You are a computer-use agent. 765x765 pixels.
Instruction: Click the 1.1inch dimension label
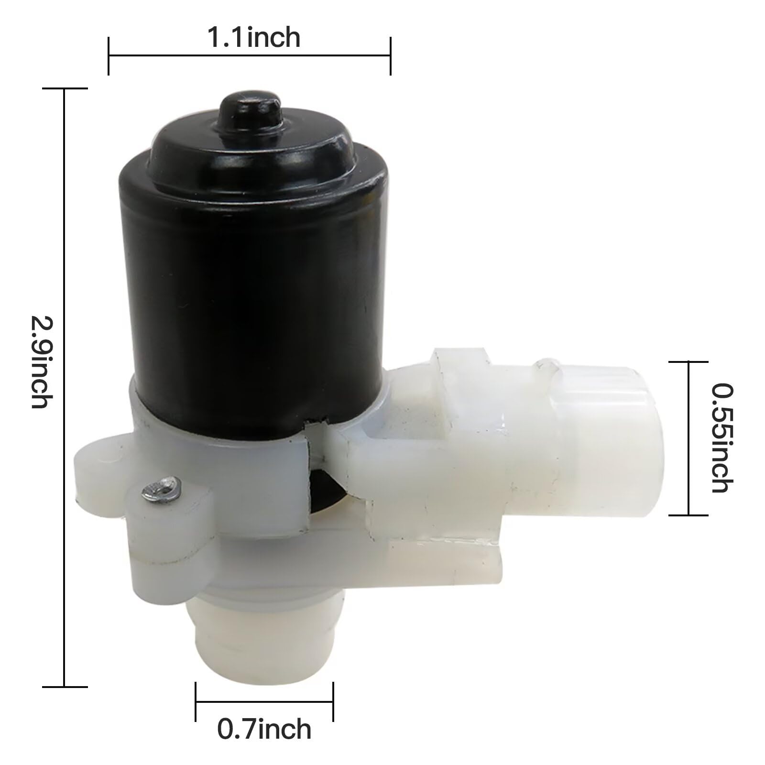click(x=253, y=38)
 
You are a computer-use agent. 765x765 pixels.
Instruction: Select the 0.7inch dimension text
click(x=264, y=730)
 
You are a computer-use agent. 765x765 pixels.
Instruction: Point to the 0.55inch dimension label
click(x=721, y=438)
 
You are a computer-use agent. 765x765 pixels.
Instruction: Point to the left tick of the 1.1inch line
click(x=109, y=55)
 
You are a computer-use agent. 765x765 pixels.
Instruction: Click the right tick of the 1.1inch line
click(x=391, y=55)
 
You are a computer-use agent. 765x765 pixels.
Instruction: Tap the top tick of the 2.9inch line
click(x=65, y=88)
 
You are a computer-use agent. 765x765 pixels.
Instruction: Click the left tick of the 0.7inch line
click(x=196, y=702)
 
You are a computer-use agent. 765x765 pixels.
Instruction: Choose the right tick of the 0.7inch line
click(x=333, y=702)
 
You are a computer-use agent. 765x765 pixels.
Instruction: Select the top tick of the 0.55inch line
click(x=688, y=362)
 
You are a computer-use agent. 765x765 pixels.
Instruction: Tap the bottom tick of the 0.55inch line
click(x=688, y=515)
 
